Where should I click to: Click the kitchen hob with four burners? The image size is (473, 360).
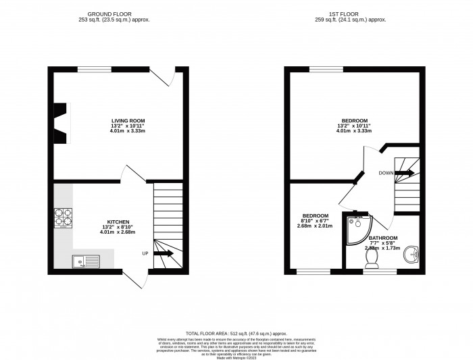click(x=64, y=217)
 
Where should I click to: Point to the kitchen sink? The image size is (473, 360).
click(x=88, y=259)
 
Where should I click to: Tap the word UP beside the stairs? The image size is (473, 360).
click(x=145, y=253)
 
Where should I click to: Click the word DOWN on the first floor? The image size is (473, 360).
click(x=385, y=173)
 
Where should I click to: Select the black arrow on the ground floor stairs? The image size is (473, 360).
click(x=164, y=253)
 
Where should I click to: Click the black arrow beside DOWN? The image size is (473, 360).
click(x=405, y=173)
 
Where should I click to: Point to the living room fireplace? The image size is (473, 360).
click(x=61, y=123)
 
